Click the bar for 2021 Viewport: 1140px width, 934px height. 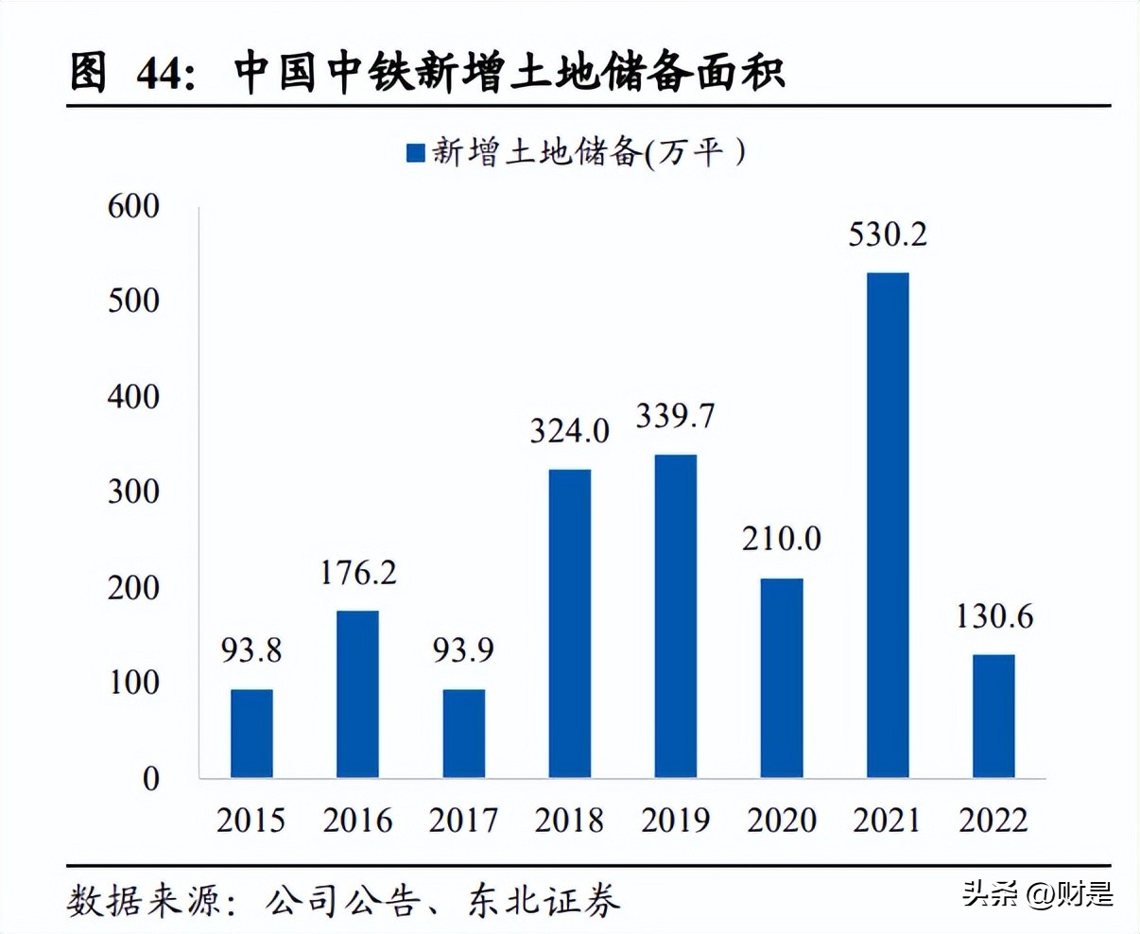click(888, 526)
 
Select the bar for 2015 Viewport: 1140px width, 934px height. click(251, 734)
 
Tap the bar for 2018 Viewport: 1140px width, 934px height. click(569, 624)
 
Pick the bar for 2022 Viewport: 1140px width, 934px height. click(993, 716)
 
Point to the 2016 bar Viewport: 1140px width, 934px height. click(357, 694)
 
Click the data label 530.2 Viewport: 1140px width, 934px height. click(888, 234)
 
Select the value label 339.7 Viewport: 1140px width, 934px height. click(675, 416)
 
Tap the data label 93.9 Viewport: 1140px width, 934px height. click(463, 650)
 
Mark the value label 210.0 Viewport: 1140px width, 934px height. click(781, 539)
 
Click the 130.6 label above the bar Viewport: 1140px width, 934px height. click(993, 616)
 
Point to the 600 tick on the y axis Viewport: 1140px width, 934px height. click(133, 206)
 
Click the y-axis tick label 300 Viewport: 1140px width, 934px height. click(133, 492)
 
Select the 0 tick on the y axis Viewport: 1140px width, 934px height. click(151, 779)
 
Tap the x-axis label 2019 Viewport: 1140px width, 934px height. click(675, 820)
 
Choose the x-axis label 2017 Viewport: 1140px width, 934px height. click(463, 820)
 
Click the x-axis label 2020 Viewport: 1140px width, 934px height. click(781, 820)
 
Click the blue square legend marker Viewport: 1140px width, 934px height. click(416, 153)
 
